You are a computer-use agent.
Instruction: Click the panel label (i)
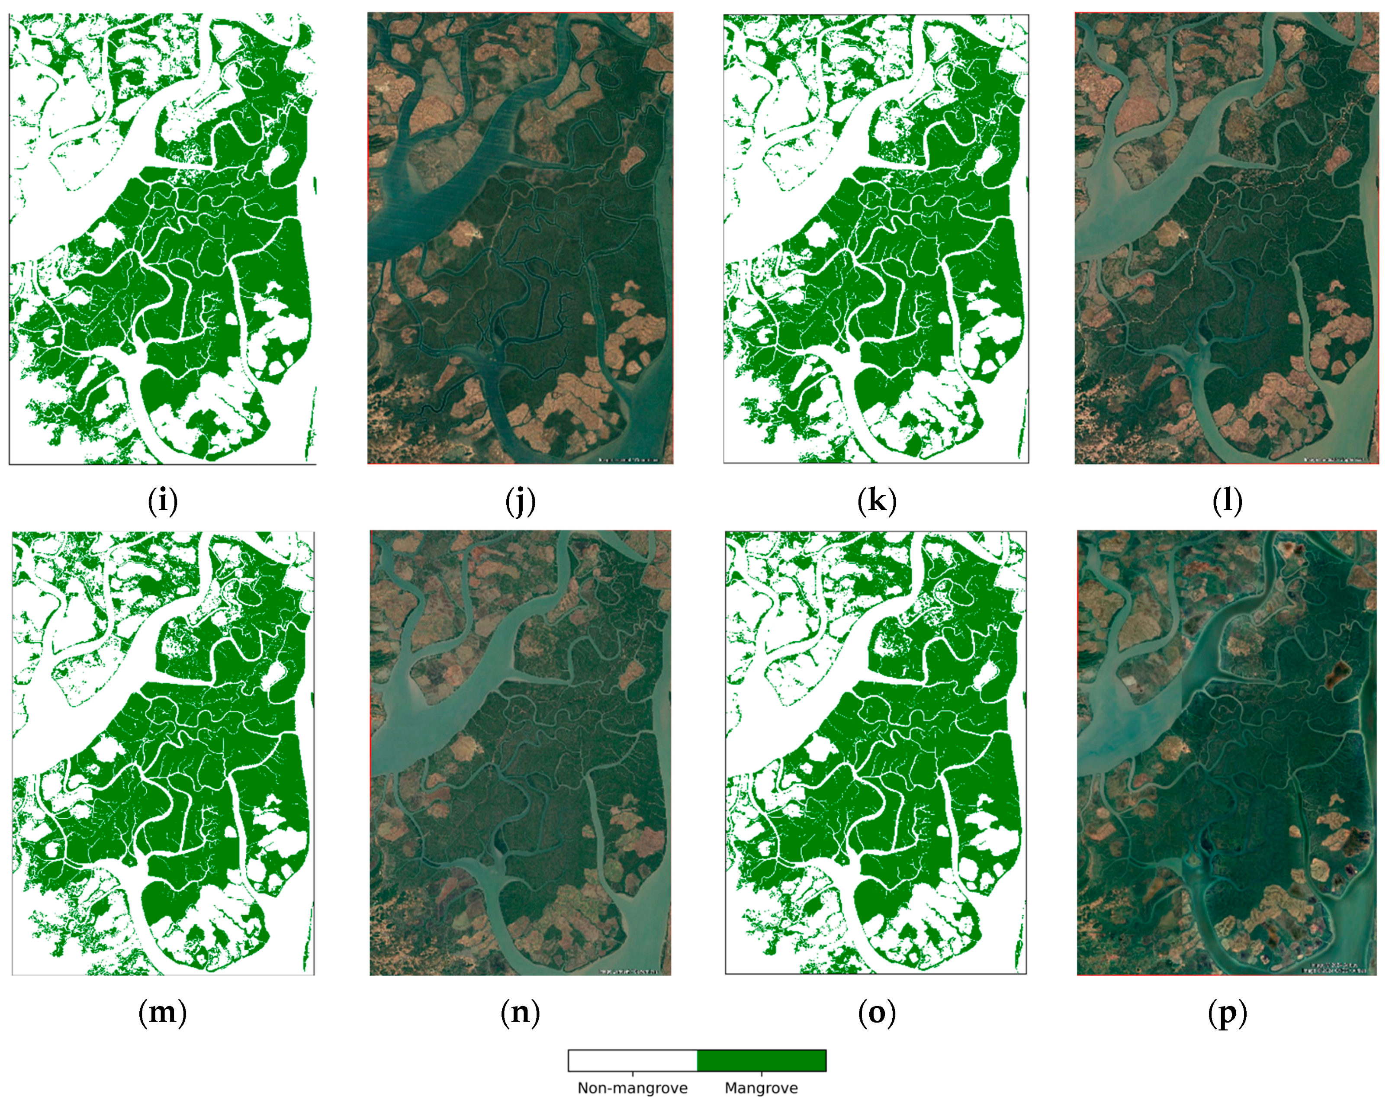(163, 502)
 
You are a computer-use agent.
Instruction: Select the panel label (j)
(521, 502)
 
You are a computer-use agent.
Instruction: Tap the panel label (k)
(877, 502)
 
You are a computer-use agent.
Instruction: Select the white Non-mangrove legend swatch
(633, 1061)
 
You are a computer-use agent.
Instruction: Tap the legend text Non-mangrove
(633, 1088)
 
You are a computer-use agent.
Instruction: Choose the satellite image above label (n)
(521, 752)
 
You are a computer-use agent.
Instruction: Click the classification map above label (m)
(163, 752)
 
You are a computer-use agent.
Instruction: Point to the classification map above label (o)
(876, 752)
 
